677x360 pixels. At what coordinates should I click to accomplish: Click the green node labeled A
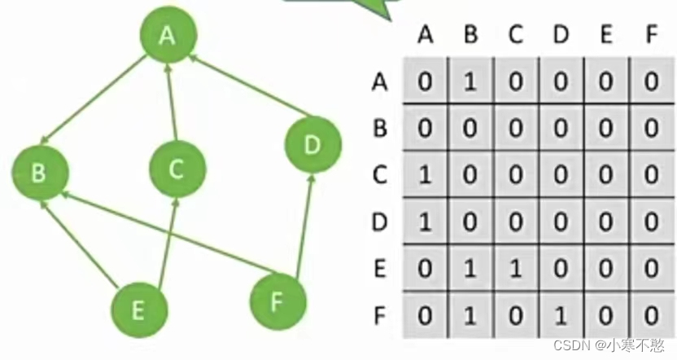tap(168, 37)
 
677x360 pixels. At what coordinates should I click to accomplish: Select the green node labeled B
tap(40, 173)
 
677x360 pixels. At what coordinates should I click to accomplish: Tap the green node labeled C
tap(177, 169)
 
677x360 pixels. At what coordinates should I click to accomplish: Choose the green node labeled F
tap(278, 301)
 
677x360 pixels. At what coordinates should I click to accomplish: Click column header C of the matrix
tap(515, 35)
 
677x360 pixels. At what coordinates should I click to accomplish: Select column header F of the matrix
tap(649, 35)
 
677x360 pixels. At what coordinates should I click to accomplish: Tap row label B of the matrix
tap(378, 128)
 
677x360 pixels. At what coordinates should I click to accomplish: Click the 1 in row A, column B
tap(470, 81)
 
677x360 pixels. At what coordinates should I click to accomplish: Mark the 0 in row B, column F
tap(649, 128)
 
